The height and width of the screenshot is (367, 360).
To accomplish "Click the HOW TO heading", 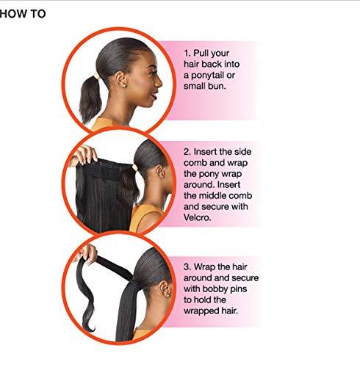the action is click(x=23, y=13).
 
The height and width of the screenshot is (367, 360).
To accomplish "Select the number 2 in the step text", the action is click(x=187, y=152).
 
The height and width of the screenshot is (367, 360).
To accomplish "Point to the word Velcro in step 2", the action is click(x=197, y=217).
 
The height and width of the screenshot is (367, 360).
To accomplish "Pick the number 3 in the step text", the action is click(x=187, y=267).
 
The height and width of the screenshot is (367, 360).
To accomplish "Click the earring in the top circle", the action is click(x=124, y=85).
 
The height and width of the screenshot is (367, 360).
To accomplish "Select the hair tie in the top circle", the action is click(x=97, y=76).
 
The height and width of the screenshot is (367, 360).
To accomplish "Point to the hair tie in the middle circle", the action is click(x=134, y=168).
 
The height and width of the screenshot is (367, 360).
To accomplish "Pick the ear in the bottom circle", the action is click(x=165, y=289).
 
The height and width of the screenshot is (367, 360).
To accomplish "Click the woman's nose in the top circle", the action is click(x=159, y=81).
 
